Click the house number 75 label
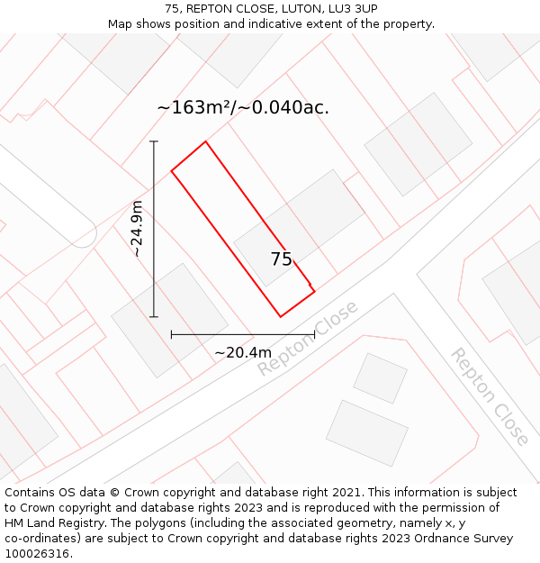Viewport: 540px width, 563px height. click(281, 259)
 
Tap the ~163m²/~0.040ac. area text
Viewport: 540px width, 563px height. click(243, 107)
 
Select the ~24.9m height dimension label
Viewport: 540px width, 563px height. click(137, 229)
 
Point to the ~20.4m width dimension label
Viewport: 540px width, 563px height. click(242, 352)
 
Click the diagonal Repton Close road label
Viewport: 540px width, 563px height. click(307, 339)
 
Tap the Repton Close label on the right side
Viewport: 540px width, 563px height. click(490, 396)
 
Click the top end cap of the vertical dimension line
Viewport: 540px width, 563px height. click(154, 141)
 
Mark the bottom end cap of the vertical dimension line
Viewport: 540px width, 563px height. click(154, 316)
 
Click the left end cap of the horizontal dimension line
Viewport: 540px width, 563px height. click(171, 334)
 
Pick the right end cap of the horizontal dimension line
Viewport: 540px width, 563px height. click(314, 334)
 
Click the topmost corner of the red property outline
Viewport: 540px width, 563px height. click(206, 141)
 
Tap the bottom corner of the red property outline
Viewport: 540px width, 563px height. click(281, 316)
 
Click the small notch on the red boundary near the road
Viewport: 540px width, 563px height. click(311, 286)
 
